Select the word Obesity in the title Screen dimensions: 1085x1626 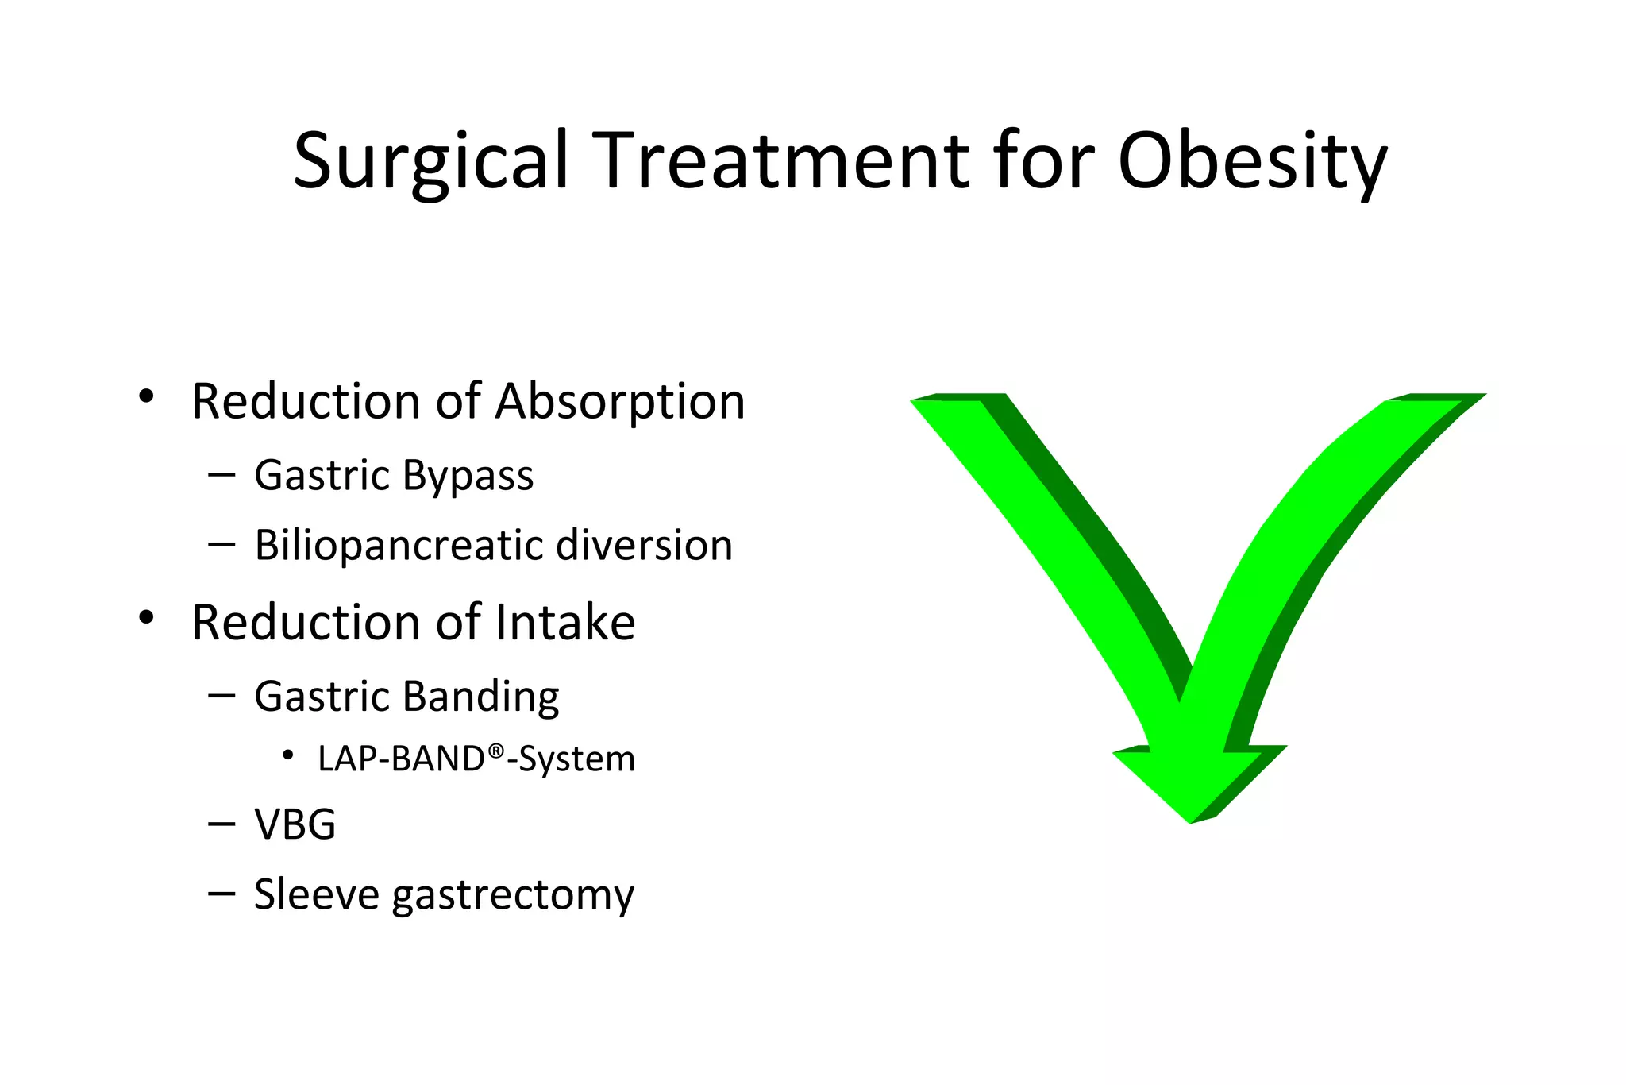[x=1252, y=161]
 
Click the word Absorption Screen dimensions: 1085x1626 [x=620, y=401]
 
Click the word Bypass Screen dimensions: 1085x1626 [x=468, y=476]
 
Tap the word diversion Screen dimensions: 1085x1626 [x=644, y=546]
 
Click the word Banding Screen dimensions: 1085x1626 [x=480, y=697]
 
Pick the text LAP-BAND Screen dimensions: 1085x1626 [x=401, y=759]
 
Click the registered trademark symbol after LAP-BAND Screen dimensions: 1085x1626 [x=496, y=751]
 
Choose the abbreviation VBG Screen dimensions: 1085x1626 [x=295, y=824]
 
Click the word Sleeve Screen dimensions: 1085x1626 [x=317, y=894]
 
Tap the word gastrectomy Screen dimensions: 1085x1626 [x=513, y=896]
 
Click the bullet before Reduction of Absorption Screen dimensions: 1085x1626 [x=145, y=396]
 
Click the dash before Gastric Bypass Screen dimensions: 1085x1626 [x=222, y=474]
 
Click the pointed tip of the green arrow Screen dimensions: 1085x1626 [x=1190, y=821]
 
